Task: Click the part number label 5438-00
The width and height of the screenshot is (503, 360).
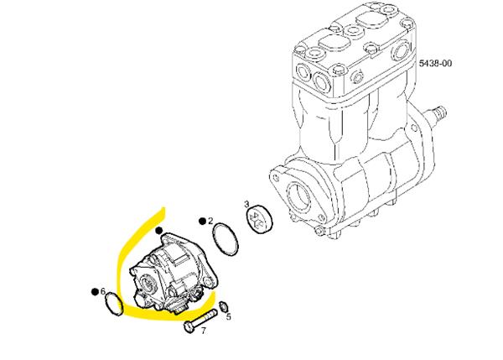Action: pos(435,63)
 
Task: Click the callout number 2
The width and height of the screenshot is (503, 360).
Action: pos(210,221)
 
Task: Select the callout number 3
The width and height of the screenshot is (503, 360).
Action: pos(246,204)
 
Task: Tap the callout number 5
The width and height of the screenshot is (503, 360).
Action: pos(228,317)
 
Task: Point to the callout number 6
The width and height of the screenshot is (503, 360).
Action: pos(102,291)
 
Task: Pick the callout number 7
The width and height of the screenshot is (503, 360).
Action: pos(204,331)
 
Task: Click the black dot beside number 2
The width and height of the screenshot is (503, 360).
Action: pos(202,222)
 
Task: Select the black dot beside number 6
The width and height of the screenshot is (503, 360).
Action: pos(95,291)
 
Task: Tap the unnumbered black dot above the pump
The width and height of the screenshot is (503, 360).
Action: pos(159,231)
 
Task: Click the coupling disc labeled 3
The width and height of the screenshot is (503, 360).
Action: pos(260,219)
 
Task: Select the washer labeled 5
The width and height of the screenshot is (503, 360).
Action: pos(223,306)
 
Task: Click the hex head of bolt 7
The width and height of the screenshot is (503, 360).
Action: pos(189,327)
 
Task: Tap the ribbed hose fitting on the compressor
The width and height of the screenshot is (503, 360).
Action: pos(437,114)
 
